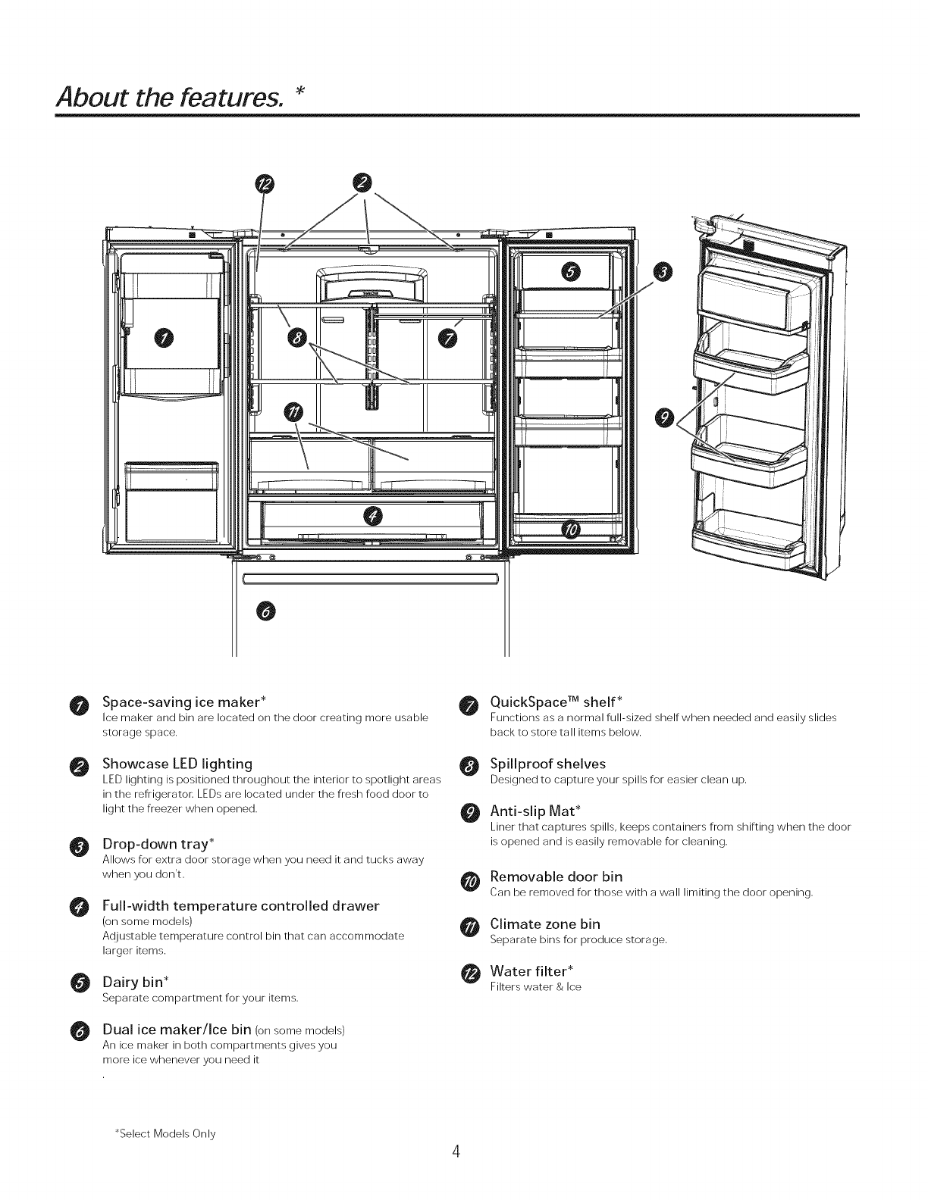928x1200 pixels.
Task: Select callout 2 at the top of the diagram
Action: click(x=364, y=183)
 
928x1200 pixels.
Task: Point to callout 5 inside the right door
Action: click(x=571, y=273)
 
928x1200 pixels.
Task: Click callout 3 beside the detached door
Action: click(x=663, y=273)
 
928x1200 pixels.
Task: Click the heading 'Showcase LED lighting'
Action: click(x=177, y=763)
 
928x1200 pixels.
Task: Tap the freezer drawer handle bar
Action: click(x=370, y=580)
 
